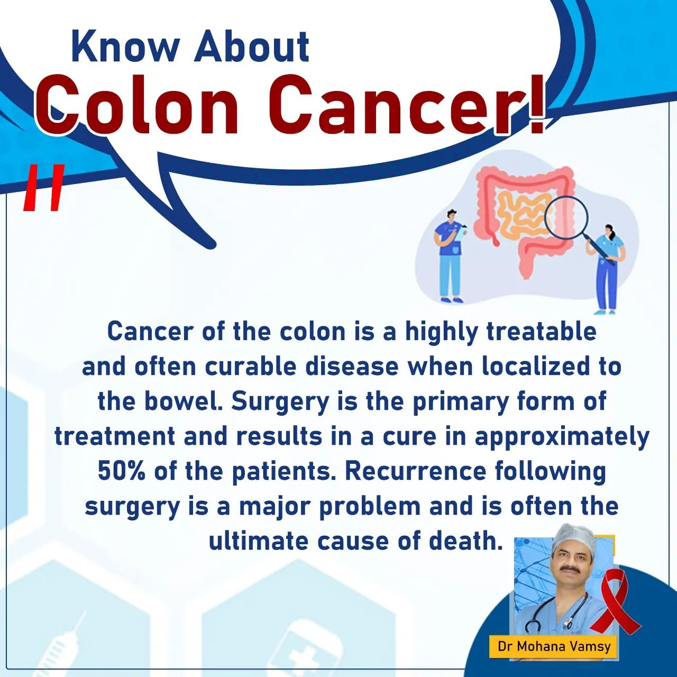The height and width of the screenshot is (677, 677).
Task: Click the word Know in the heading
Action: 124,47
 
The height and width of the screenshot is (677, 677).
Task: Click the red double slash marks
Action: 44,188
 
